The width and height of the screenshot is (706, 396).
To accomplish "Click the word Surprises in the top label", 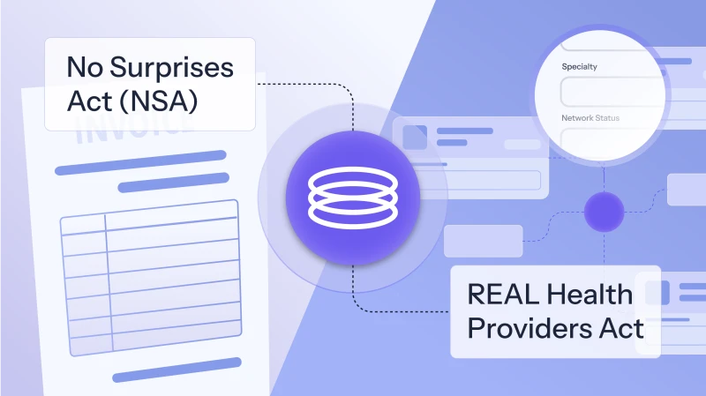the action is (x=171, y=69).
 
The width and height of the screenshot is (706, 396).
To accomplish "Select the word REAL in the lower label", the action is (x=503, y=295).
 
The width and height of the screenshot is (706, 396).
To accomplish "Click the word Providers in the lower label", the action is (x=529, y=328).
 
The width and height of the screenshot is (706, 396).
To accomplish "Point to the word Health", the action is (x=590, y=295).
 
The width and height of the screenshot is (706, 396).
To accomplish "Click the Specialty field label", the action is (x=580, y=67).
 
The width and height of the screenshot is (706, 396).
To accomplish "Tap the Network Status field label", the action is (x=590, y=118).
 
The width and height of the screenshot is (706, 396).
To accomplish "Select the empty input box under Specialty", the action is (x=612, y=92).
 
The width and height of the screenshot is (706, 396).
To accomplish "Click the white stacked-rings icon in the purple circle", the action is (x=353, y=198).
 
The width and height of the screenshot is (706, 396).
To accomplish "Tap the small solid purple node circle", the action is (x=604, y=212).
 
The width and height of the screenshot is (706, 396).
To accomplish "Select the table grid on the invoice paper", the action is (x=151, y=278).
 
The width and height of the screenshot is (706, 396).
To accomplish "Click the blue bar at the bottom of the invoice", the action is (x=176, y=370).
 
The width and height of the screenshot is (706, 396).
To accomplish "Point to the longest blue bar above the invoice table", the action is (x=140, y=162).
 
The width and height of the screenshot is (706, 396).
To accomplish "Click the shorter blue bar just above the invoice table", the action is (x=173, y=183).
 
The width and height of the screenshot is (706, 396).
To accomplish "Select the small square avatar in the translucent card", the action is (x=414, y=138).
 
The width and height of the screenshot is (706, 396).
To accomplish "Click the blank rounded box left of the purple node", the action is (x=483, y=241).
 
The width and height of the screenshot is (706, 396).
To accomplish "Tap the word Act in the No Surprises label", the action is (x=89, y=101).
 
